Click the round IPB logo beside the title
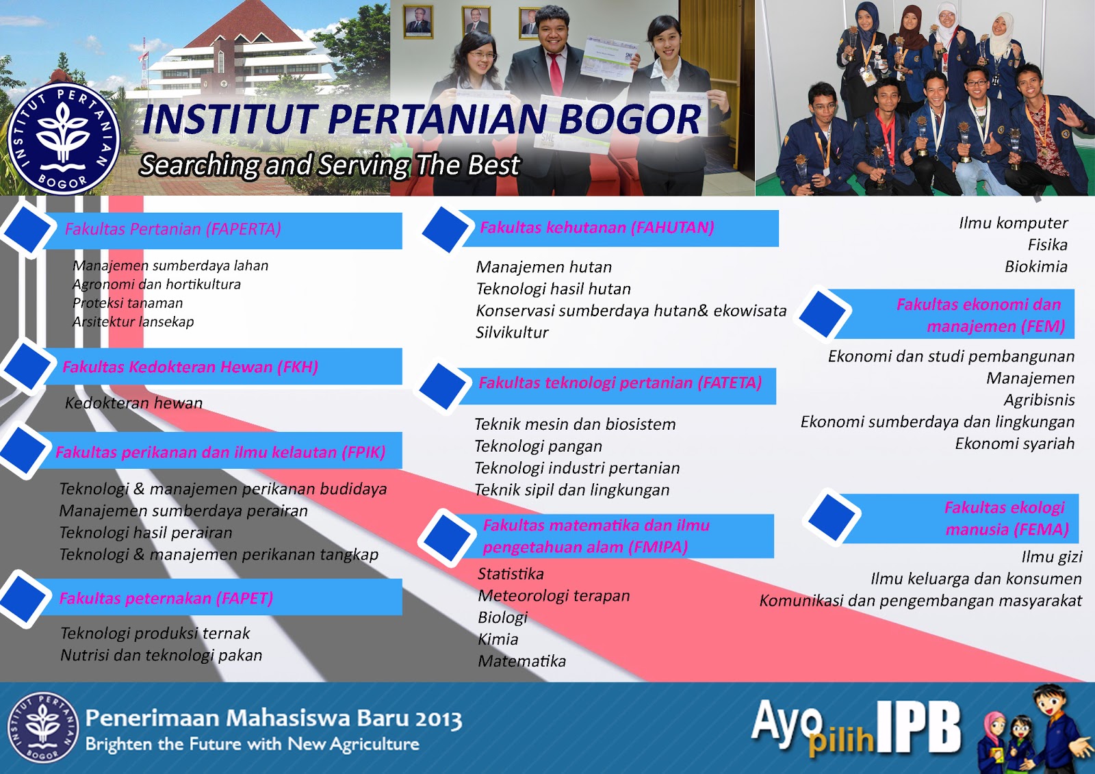click(64, 139)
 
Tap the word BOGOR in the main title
click(630, 119)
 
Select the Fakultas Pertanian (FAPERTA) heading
click(173, 229)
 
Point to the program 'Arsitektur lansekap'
click(133, 322)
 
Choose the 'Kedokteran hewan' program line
click(133, 403)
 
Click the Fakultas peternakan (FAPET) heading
click(166, 598)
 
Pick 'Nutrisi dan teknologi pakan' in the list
click(162, 655)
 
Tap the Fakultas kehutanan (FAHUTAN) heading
click(597, 227)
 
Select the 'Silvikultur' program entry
click(512, 333)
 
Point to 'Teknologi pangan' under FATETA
click(538, 446)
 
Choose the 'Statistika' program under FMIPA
click(511, 573)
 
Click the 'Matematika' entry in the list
click(521, 661)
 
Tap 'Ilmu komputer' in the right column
click(1014, 223)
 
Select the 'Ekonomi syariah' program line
click(1015, 443)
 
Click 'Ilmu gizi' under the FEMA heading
click(1051, 557)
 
